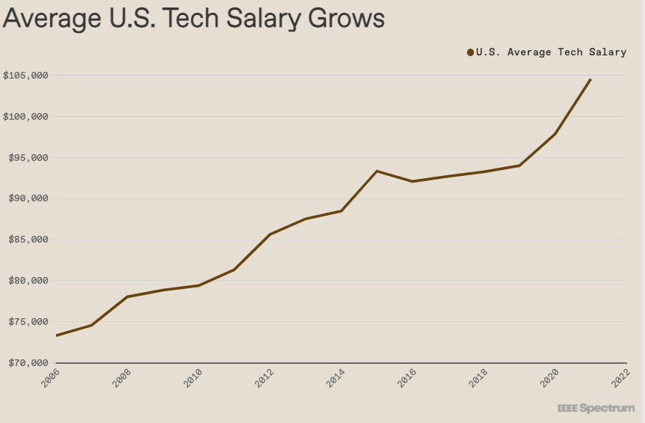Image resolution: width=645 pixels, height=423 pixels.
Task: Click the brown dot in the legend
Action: (470, 52)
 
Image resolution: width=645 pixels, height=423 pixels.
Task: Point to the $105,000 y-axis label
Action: (26, 76)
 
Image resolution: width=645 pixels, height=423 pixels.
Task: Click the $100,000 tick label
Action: (26, 117)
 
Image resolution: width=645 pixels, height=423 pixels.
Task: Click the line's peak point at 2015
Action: (377, 171)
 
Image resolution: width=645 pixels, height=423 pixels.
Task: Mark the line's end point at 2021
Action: (590, 79)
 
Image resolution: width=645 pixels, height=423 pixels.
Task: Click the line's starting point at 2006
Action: (57, 335)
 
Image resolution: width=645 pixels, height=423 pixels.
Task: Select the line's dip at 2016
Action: (413, 181)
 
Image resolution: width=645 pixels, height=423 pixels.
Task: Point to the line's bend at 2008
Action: (128, 297)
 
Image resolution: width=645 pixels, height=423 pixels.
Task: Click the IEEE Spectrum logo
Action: (595, 409)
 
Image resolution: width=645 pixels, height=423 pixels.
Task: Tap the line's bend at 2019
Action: (519, 165)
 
